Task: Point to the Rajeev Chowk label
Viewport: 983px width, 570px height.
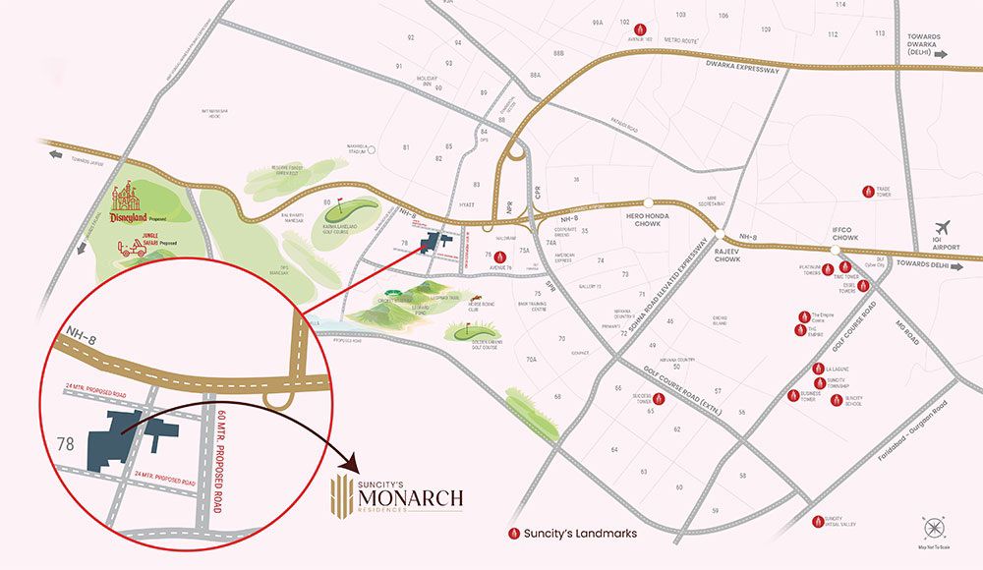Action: pos(727,255)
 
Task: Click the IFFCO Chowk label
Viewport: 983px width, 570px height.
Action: pos(844,232)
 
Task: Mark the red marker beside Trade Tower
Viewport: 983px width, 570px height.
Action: pos(867,192)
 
